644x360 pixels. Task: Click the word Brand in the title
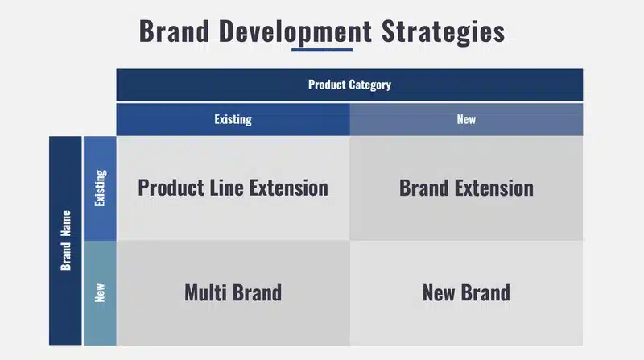tap(174, 31)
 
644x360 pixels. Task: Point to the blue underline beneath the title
tap(322, 49)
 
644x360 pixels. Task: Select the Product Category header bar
tap(349, 85)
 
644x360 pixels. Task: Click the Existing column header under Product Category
tap(233, 119)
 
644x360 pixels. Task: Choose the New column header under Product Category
tap(466, 119)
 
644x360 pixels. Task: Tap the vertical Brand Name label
tap(65, 241)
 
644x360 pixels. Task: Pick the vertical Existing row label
tap(100, 188)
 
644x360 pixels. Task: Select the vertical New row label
tap(100, 292)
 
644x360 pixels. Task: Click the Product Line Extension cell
tap(233, 188)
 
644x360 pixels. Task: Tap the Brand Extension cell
tap(466, 188)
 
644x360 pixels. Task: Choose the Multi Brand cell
tap(233, 292)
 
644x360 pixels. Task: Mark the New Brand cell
tap(466, 292)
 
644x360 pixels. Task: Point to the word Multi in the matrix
tap(205, 292)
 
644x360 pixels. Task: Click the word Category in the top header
tap(370, 85)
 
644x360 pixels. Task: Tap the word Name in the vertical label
tap(66, 224)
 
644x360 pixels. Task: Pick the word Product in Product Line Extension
tap(171, 188)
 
